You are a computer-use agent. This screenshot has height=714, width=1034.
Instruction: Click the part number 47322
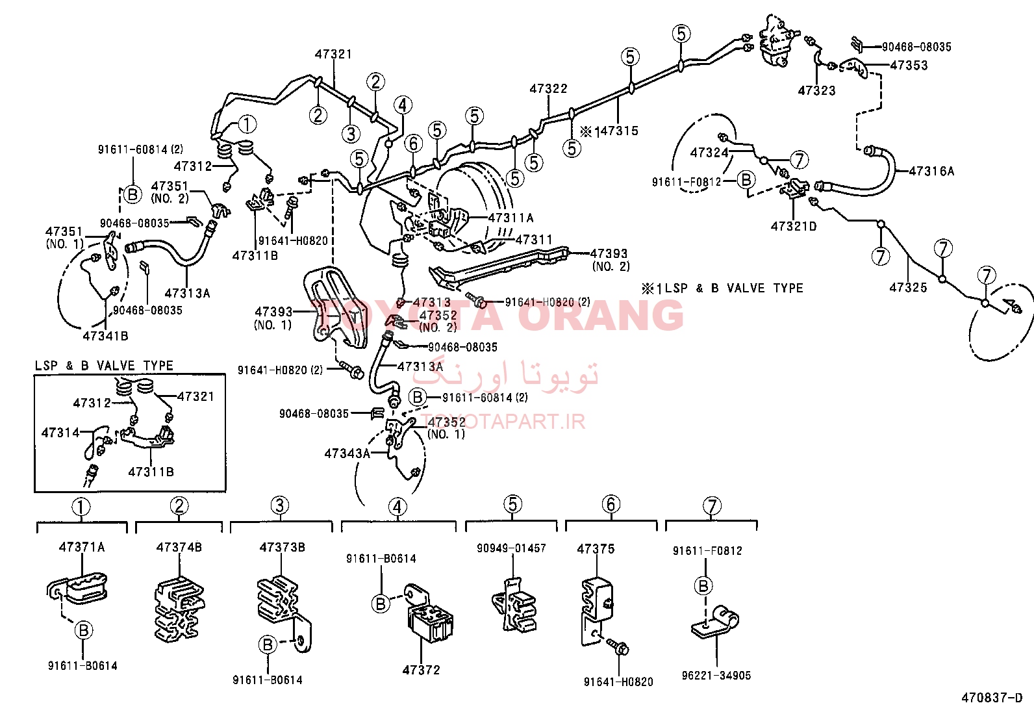tap(548, 88)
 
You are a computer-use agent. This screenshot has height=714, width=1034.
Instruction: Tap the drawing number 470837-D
tap(992, 697)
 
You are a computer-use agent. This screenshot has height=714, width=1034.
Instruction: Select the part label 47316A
tap(931, 172)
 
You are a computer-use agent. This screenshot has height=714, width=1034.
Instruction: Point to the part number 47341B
tap(105, 336)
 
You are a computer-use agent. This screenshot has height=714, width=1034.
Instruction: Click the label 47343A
tap(347, 453)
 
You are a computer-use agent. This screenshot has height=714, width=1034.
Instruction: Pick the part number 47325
tap(908, 287)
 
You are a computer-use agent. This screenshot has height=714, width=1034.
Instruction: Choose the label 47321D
tap(794, 226)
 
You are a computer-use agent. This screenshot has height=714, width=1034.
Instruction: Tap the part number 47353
tap(909, 65)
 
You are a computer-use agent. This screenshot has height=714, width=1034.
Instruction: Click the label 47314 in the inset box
tap(60, 432)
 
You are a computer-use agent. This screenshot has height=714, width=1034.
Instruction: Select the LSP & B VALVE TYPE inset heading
tap(104, 365)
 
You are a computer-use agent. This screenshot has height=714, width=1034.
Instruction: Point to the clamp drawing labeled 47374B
tap(179, 609)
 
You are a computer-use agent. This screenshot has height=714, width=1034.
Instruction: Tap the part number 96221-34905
tap(716, 675)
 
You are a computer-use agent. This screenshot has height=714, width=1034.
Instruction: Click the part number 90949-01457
tap(511, 548)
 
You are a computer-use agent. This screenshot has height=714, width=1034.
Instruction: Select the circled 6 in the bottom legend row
tap(611, 504)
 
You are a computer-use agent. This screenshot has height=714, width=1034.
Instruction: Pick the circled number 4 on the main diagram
tap(403, 105)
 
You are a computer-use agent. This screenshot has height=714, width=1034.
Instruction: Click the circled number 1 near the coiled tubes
tap(247, 124)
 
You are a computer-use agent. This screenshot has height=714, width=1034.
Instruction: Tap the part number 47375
tap(596, 549)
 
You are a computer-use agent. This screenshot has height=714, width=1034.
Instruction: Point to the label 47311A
tap(511, 218)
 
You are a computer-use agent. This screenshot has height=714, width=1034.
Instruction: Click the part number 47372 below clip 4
tap(421, 670)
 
